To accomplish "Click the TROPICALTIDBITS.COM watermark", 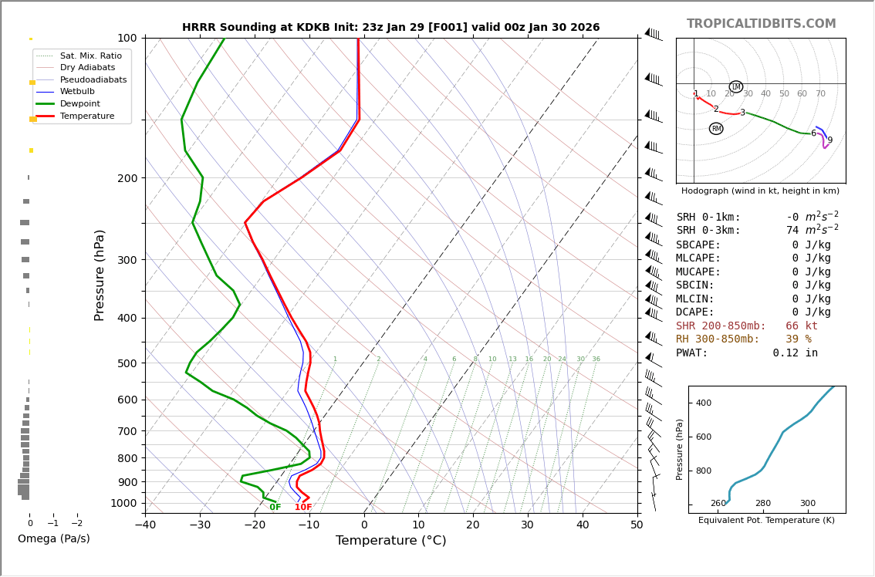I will [761, 24].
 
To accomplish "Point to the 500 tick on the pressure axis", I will [127, 363].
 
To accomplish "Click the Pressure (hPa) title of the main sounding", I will [100, 275].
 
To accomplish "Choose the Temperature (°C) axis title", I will [390, 541].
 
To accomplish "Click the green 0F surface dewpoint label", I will [275, 508].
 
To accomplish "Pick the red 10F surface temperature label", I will [303, 508].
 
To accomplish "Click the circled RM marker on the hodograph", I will [716, 129].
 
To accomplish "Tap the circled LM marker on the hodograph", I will [735, 87].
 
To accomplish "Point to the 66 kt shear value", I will [802, 326].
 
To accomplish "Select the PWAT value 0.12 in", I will [795, 353].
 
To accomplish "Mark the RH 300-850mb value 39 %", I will [799, 339].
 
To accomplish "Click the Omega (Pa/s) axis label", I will [54, 539].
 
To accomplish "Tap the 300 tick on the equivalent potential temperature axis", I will [807, 504].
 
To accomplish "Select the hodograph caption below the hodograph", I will [760, 191].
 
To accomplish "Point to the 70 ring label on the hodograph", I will [820, 94].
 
